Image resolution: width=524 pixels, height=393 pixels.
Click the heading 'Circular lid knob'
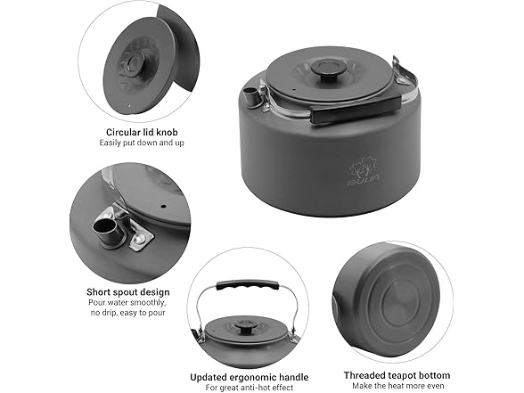[142, 132]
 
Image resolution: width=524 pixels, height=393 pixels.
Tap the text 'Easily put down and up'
[142, 143]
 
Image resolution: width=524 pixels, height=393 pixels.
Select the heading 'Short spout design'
[128, 292]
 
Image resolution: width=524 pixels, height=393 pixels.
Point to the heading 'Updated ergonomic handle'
[250, 377]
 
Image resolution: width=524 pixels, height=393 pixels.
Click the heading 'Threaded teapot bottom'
[397, 375]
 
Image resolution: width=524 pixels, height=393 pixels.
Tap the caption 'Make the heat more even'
[398, 386]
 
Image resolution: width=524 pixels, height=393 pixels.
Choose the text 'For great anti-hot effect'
[250, 388]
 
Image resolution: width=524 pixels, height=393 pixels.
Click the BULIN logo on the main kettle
[364, 173]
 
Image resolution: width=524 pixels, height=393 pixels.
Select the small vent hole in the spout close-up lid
[163, 206]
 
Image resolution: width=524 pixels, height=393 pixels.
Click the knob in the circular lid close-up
[135, 62]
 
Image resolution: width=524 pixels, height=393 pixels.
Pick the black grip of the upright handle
[248, 286]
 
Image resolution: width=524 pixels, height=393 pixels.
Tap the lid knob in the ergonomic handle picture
[243, 327]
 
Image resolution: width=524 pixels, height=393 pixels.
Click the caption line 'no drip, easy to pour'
[128, 313]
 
